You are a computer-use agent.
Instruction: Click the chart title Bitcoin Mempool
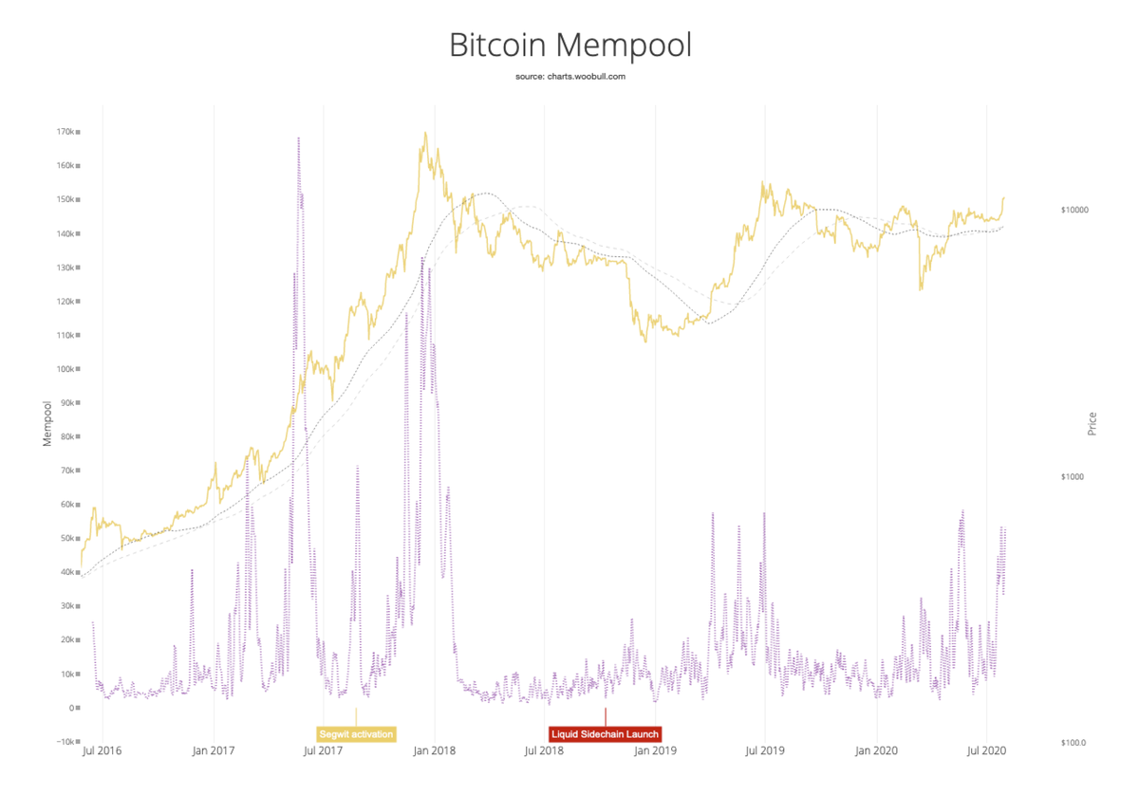[x=569, y=46]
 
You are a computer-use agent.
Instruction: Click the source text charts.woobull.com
[x=569, y=76]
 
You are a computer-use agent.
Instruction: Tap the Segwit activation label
[x=356, y=734]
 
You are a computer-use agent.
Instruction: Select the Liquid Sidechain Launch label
[x=605, y=734]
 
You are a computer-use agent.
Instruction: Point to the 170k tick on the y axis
[x=65, y=132]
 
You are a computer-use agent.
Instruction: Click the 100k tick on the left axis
[x=65, y=369]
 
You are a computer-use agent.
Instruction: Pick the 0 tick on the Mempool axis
[x=70, y=708]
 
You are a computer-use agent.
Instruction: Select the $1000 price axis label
[x=1073, y=476]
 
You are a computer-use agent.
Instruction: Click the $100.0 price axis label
[x=1073, y=743]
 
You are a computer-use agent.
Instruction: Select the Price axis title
[x=1092, y=423]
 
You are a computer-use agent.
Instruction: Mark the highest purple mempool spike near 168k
[x=299, y=139]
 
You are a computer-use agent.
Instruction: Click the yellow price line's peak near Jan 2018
[x=425, y=133]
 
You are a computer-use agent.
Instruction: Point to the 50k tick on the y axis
[x=65, y=538]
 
